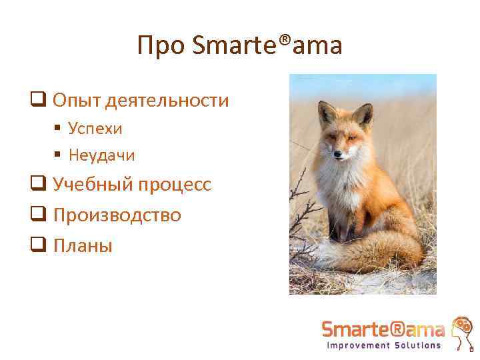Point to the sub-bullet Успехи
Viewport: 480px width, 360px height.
[95, 128]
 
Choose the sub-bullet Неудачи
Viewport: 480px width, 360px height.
[102, 155]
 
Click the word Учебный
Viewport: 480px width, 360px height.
[92, 185]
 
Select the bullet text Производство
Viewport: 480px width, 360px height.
[117, 215]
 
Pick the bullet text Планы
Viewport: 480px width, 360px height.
[83, 245]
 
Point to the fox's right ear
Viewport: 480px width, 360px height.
[363, 114]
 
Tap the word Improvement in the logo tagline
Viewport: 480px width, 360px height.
[357, 345]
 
